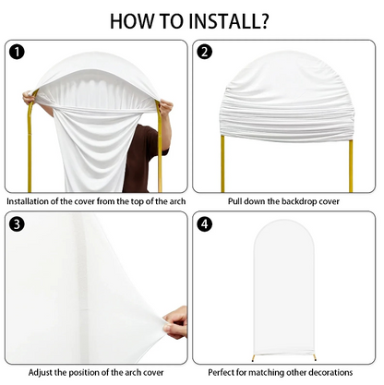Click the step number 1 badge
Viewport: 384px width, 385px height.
18,52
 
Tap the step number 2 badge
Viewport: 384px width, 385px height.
204,52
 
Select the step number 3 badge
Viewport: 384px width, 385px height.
18,224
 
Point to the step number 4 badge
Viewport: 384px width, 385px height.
204,224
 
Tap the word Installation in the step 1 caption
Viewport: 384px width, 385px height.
28,201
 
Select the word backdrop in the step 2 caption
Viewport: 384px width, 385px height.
298,201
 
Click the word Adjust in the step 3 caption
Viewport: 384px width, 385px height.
40,373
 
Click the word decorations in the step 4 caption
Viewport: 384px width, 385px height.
330,373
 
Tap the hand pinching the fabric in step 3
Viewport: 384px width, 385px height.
175,322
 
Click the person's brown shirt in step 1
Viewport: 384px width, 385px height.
144,157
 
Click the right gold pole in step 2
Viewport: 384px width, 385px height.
351,165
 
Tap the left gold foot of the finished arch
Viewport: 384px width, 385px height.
254,357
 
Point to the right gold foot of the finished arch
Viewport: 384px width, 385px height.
314,357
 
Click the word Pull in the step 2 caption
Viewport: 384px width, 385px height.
234,201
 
